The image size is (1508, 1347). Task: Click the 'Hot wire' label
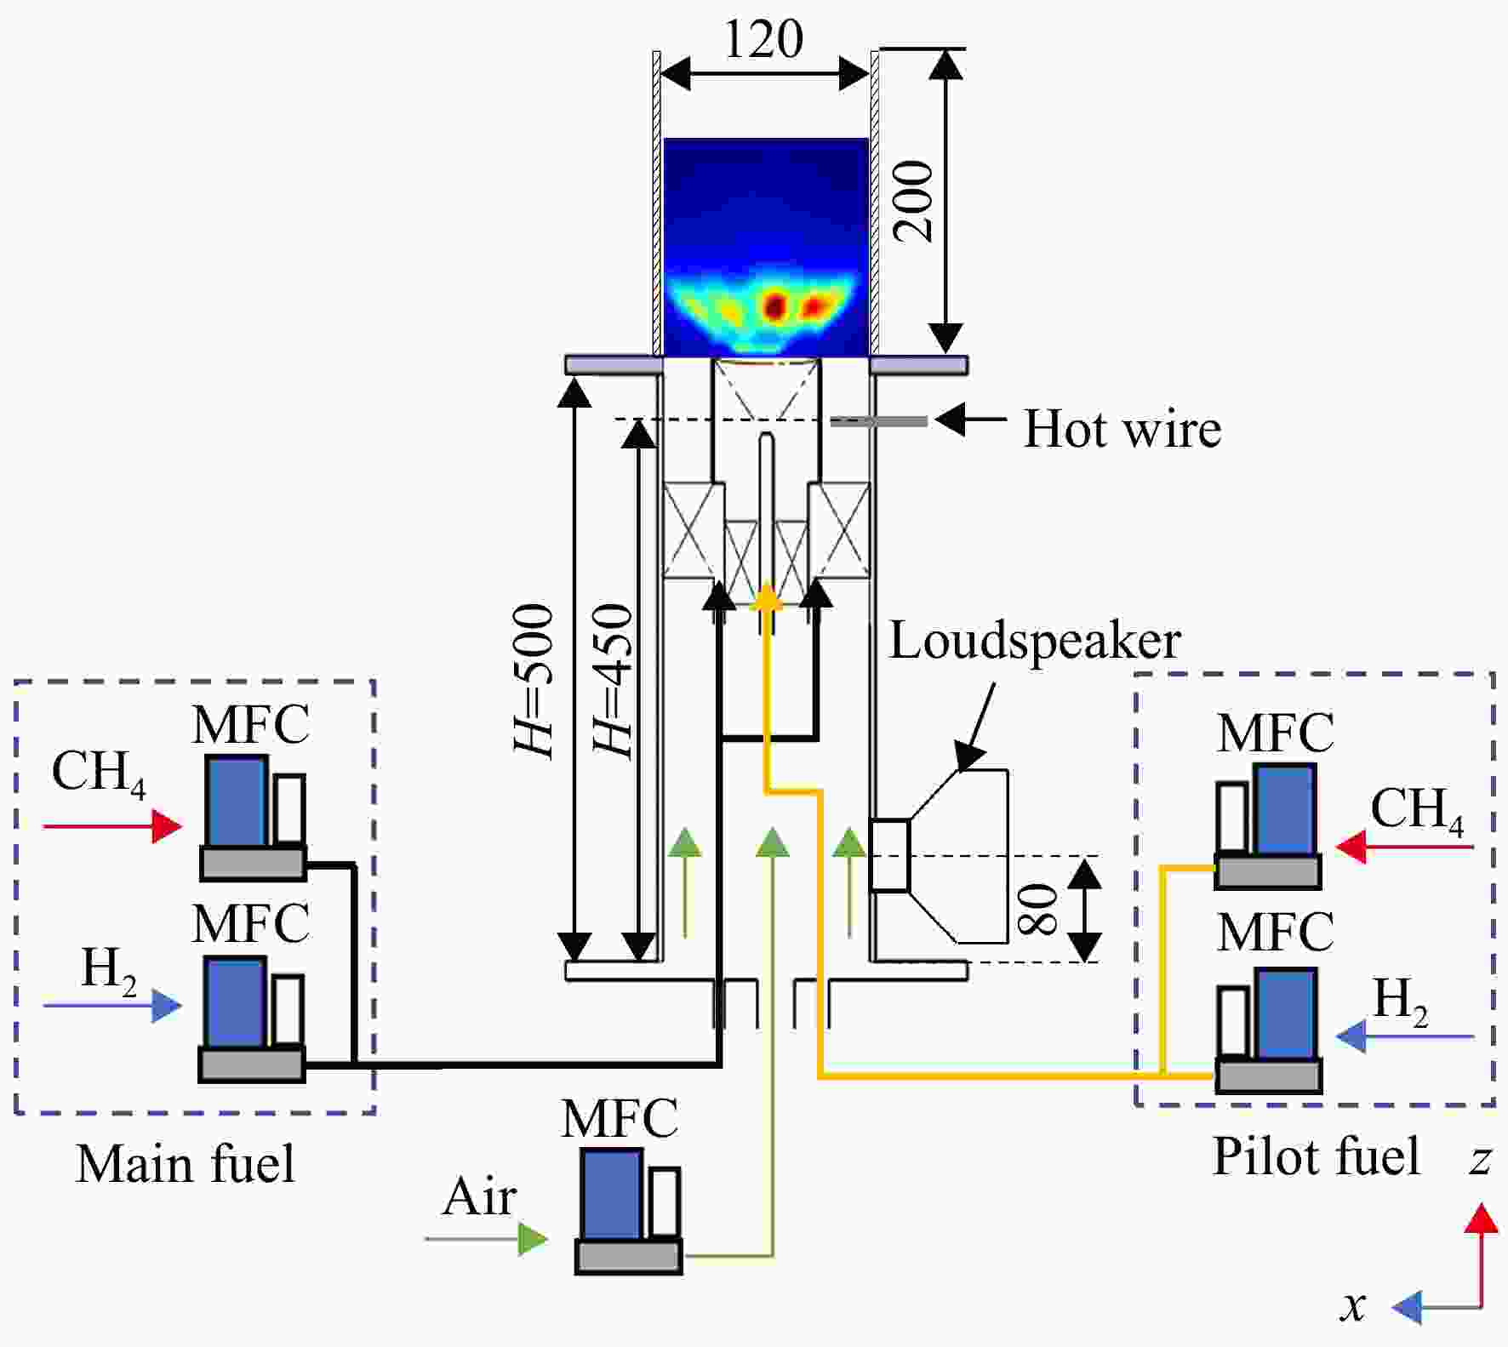(1122, 428)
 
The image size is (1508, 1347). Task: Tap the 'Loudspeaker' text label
(1035, 641)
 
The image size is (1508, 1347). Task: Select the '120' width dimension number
(763, 39)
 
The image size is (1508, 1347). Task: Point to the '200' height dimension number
(914, 202)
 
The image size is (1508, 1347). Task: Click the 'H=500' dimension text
(534, 681)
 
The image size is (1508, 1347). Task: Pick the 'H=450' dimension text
(613, 681)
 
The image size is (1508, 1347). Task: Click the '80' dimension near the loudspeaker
(1037, 909)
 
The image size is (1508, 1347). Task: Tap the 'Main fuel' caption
(186, 1164)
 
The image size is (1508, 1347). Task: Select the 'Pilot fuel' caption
(1317, 1156)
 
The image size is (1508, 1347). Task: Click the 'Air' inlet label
(479, 1196)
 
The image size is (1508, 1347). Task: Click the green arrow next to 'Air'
(487, 1239)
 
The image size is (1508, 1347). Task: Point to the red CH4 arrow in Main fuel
(112, 825)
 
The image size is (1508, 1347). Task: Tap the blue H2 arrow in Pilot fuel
(1405, 1036)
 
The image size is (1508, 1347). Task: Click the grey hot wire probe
(879, 421)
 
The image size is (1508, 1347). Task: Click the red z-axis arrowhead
(1482, 1219)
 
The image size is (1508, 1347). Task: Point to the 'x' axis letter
(1354, 1305)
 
